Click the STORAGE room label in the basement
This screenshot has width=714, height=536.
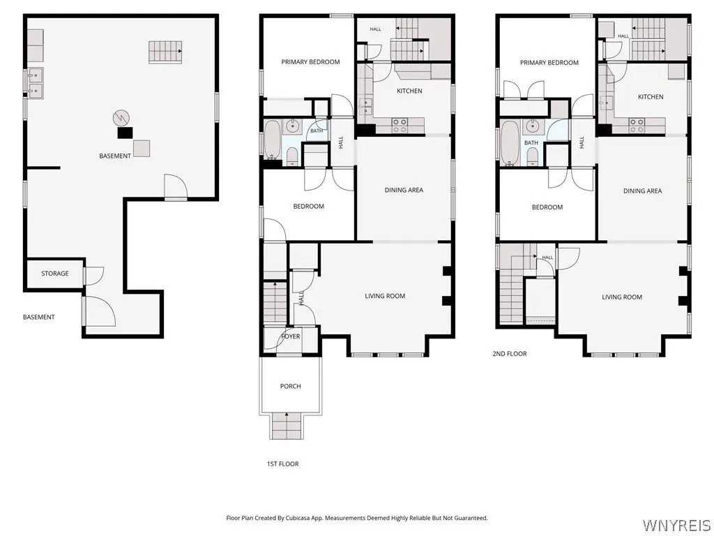pyautogui.click(x=55, y=274)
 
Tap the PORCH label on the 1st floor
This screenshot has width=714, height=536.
pyautogui.click(x=291, y=386)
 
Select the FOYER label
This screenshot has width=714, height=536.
pyautogui.click(x=291, y=336)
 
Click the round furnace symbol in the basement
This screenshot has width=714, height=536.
pyautogui.click(x=120, y=118)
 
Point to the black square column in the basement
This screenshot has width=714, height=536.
pyautogui.click(x=125, y=133)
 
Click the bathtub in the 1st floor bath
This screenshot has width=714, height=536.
pyautogui.click(x=273, y=140)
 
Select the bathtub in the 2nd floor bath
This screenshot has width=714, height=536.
pyautogui.click(x=510, y=142)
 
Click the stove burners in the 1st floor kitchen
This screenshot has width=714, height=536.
pyautogui.click(x=400, y=126)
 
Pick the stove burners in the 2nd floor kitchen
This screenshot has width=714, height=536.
pyautogui.click(x=637, y=126)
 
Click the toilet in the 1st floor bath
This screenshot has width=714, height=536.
pyautogui.click(x=292, y=157)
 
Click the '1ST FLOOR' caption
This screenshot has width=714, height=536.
pyautogui.click(x=283, y=464)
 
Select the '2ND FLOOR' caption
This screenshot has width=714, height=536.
pyautogui.click(x=510, y=354)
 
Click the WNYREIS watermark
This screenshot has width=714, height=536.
pyautogui.click(x=676, y=525)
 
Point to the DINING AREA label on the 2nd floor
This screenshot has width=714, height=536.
pyautogui.click(x=642, y=191)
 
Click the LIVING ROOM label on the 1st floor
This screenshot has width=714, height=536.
pyautogui.click(x=385, y=296)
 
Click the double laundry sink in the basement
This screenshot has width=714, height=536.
pyautogui.click(x=35, y=84)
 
